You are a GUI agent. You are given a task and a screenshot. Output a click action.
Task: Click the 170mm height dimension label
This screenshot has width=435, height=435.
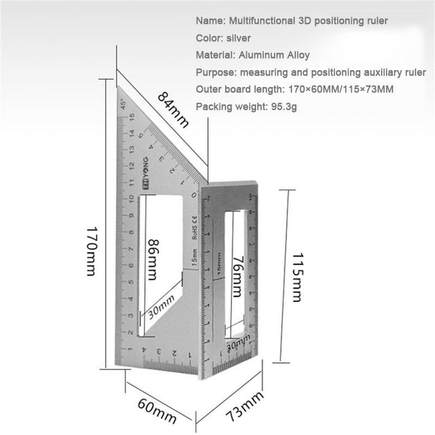coord(91,251)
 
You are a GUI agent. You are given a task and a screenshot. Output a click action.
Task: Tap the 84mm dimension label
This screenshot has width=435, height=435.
coord(173,109)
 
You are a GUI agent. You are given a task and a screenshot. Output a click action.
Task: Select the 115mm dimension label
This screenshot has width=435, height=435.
coord(297,277)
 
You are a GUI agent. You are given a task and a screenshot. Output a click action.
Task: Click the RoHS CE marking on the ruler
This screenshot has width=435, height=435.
coord(194,227)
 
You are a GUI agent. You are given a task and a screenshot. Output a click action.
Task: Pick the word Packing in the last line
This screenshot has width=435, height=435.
coord(213,107)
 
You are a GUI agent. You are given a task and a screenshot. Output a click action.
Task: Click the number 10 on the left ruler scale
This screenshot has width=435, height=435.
coord(132,199)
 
